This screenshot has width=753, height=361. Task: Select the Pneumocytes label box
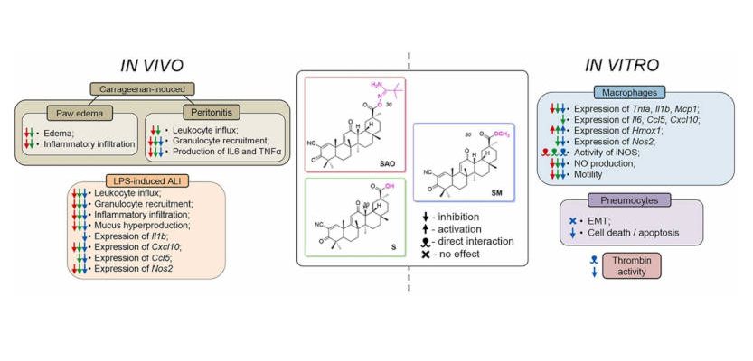coord(607,199)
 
